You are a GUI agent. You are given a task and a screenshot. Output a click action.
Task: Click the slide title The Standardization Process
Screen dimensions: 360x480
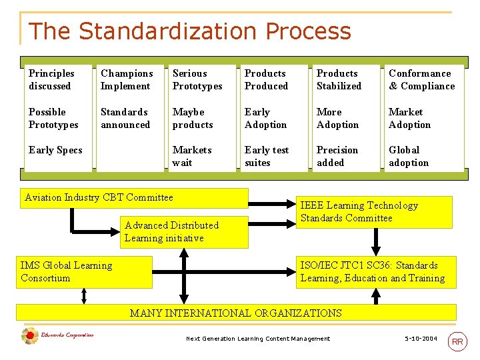pyautogui.click(x=189, y=31)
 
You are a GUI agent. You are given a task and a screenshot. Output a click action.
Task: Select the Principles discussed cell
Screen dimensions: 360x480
pyautogui.click(x=51, y=79)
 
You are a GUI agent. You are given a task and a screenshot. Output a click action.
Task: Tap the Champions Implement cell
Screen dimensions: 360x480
pyautogui.click(x=127, y=79)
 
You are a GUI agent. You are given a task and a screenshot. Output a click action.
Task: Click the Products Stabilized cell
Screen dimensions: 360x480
pyautogui.click(x=339, y=79)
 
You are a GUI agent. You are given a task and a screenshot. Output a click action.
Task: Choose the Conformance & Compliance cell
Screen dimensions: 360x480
pyautogui.click(x=421, y=79)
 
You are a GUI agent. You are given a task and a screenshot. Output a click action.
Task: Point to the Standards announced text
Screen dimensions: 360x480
pyautogui.click(x=125, y=118)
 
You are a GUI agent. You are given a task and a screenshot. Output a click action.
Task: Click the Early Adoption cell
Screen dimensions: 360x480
pyautogui.click(x=265, y=118)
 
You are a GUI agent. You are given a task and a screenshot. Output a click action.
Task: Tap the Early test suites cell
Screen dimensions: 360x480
pyautogui.click(x=267, y=156)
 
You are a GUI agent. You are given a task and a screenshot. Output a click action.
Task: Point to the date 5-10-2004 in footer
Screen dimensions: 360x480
pyautogui.click(x=421, y=339)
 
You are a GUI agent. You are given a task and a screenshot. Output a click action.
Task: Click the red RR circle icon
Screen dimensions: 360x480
pyautogui.click(x=457, y=342)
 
